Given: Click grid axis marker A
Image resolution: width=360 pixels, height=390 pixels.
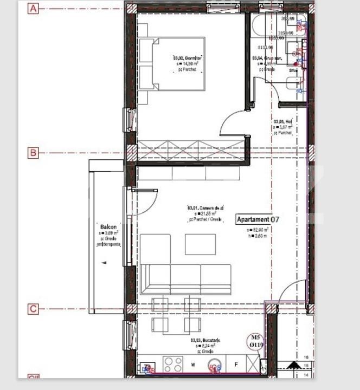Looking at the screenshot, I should tap(33, 9).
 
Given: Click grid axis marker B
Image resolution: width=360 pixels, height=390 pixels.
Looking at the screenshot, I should tap(33, 153).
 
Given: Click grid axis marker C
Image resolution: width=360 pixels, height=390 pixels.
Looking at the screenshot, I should tap(33, 309).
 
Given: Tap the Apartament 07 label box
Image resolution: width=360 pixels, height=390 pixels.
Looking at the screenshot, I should tap(258, 219).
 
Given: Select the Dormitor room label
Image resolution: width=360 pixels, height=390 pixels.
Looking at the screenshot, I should tap(188, 58).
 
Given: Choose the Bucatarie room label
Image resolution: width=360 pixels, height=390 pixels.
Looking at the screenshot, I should tap(205, 341).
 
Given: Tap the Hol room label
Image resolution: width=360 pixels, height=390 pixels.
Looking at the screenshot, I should tap(283, 122).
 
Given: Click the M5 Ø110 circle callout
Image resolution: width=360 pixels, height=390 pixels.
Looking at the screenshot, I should tap(255, 340).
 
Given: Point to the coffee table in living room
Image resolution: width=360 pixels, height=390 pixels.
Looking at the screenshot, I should tap(200, 244).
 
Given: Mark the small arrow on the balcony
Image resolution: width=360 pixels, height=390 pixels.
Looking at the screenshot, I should tap(104, 262).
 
